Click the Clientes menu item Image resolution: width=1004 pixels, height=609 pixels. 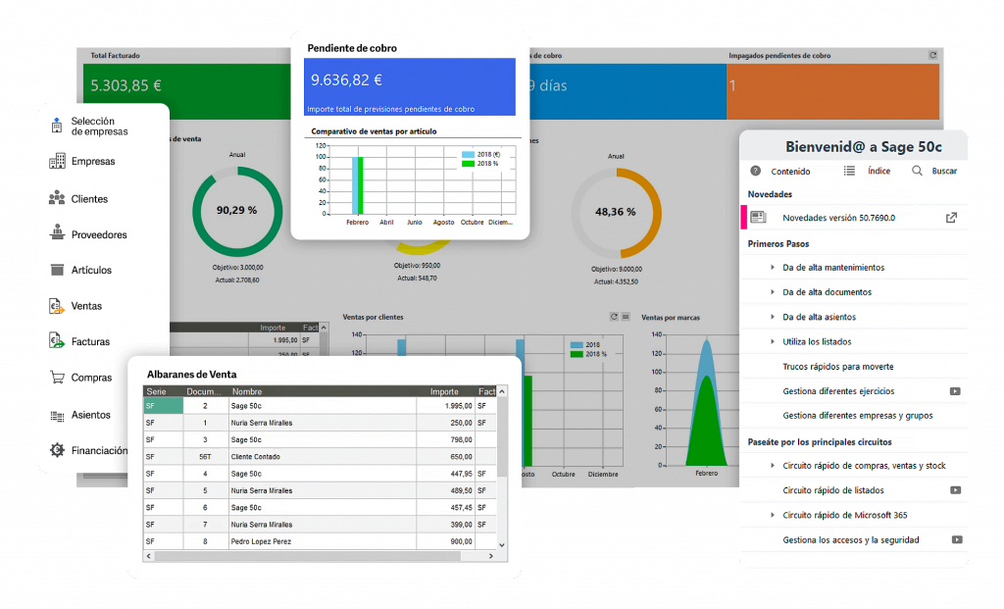pyautogui.click(x=89, y=199)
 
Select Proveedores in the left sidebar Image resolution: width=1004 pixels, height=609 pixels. pyautogui.click(x=98, y=235)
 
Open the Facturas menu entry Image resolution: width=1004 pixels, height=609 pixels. pyautogui.click(x=90, y=342)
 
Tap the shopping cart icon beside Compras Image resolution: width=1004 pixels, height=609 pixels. pyautogui.click(x=56, y=378)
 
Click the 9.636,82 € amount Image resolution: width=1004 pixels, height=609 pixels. pyautogui.click(x=346, y=79)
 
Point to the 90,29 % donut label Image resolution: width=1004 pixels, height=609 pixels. pyautogui.click(x=236, y=210)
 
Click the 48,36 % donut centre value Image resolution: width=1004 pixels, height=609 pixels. pyautogui.click(x=616, y=211)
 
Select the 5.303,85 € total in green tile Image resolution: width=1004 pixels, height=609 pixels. pyautogui.click(x=125, y=85)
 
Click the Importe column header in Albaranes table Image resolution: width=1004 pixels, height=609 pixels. pyautogui.click(x=444, y=391)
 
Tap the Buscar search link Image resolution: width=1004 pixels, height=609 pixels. pyautogui.click(x=944, y=171)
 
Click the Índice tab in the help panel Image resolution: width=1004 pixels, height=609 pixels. pyautogui.click(x=878, y=171)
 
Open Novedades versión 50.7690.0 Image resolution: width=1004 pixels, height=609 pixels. pyautogui.click(x=838, y=218)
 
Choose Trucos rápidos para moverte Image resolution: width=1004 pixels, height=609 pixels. pyautogui.click(x=837, y=367)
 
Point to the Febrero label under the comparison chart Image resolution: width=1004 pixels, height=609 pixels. pyautogui.click(x=358, y=222)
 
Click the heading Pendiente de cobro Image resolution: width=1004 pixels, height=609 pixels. pyautogui.click(x=352, y=48)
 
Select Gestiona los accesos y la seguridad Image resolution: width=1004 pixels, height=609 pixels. pyautogui.click(x=850, y=540)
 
